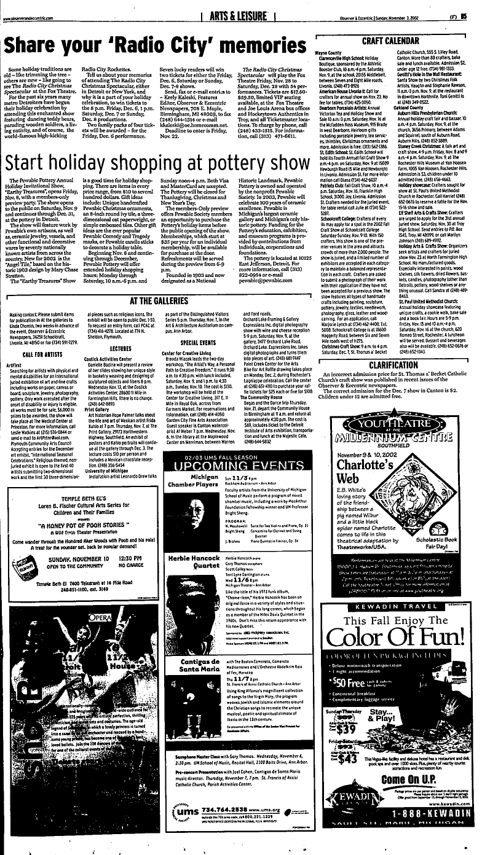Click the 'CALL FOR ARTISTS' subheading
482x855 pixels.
(36, 354)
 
